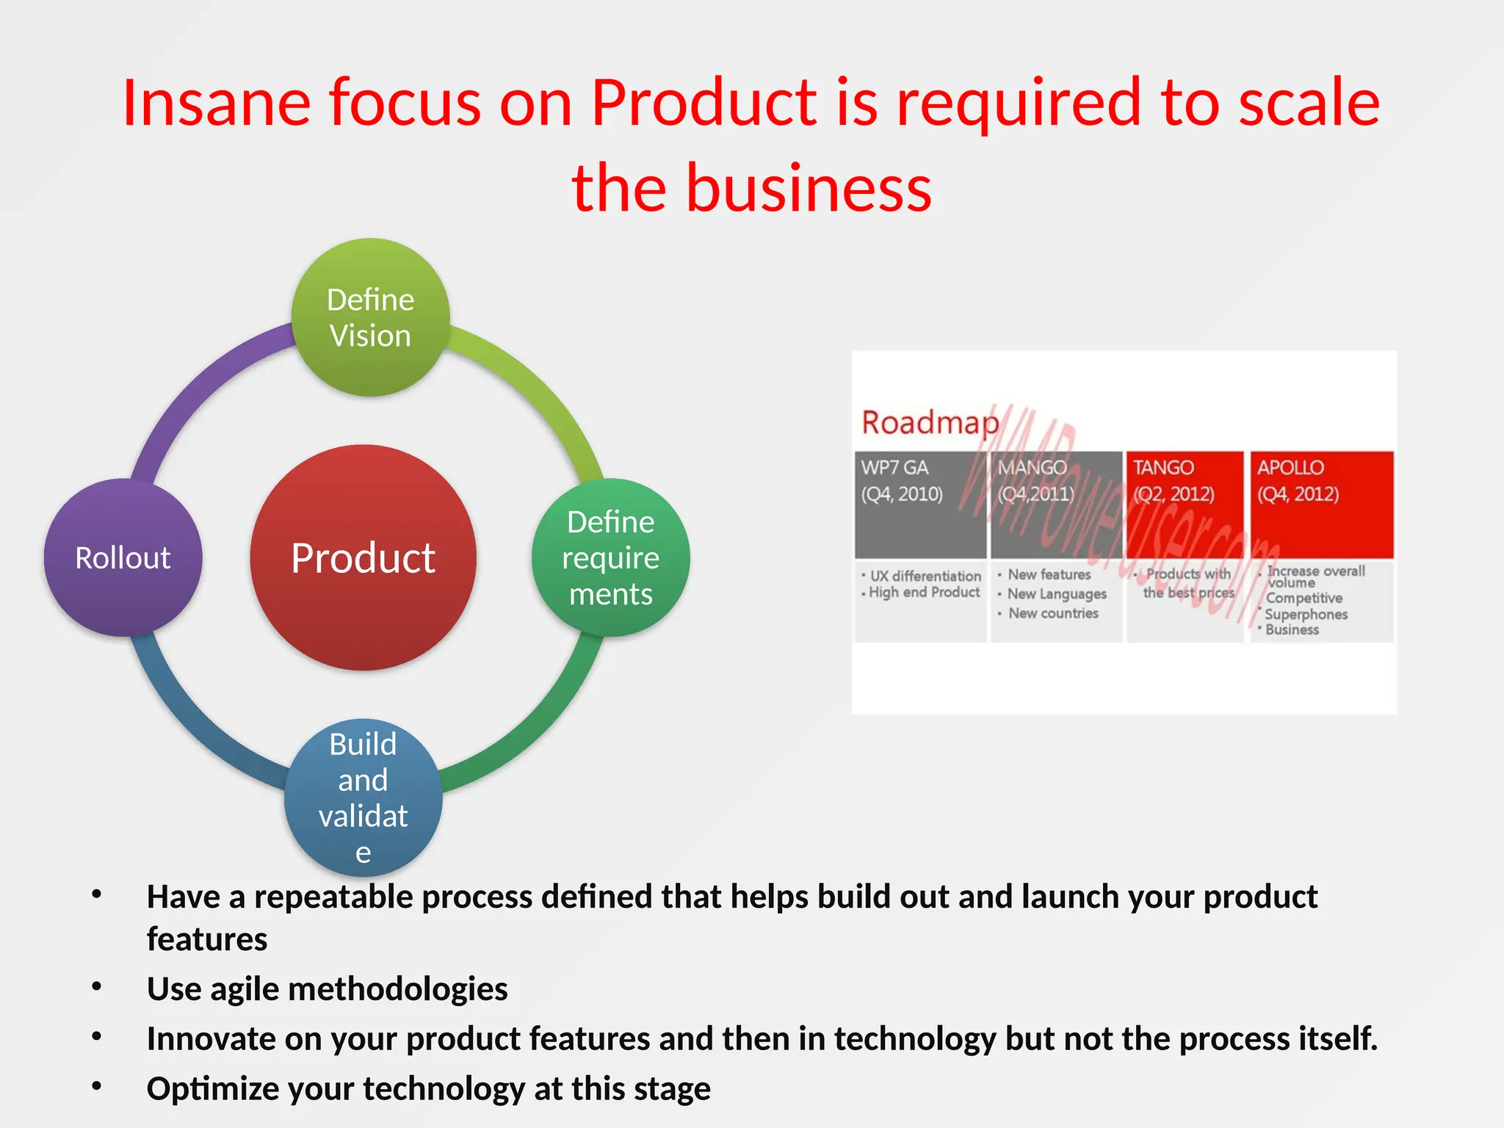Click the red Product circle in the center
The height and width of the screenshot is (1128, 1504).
click(363, 557)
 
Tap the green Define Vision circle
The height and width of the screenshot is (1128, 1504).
click(371, 317)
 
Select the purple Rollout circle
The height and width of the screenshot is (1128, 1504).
click(123, 557)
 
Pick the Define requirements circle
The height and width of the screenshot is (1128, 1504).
click(610, 557)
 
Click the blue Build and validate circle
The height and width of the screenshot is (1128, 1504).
click(363, 798)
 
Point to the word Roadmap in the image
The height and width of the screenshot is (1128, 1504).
click(930, 422)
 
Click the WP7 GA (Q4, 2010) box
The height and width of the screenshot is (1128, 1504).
click(920, 505)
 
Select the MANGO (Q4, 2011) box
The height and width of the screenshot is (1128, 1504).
click(1056, 505)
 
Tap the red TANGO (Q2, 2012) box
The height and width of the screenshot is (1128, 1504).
click(1184, 505)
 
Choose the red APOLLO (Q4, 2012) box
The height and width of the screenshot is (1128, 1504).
click(1321, 505)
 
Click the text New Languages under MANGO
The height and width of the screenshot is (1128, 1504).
click(1057, 594)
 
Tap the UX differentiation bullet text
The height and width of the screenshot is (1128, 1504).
click(925, 576)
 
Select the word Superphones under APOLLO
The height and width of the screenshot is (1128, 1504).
click(1306, 614)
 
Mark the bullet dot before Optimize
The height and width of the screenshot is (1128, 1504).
click(96, 1085)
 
